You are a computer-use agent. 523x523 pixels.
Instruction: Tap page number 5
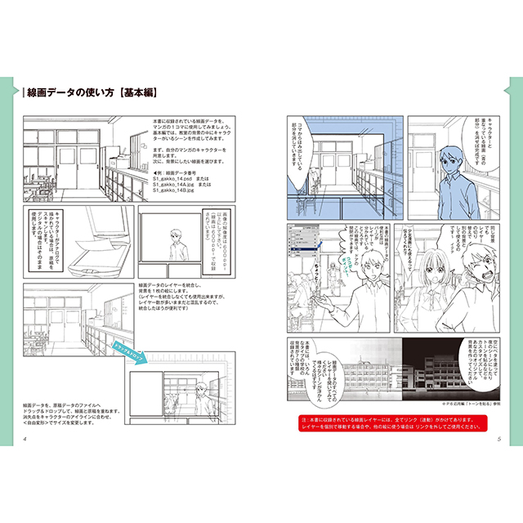[x=498, y=440]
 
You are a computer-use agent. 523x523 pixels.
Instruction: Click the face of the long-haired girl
[x=436, y=264]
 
